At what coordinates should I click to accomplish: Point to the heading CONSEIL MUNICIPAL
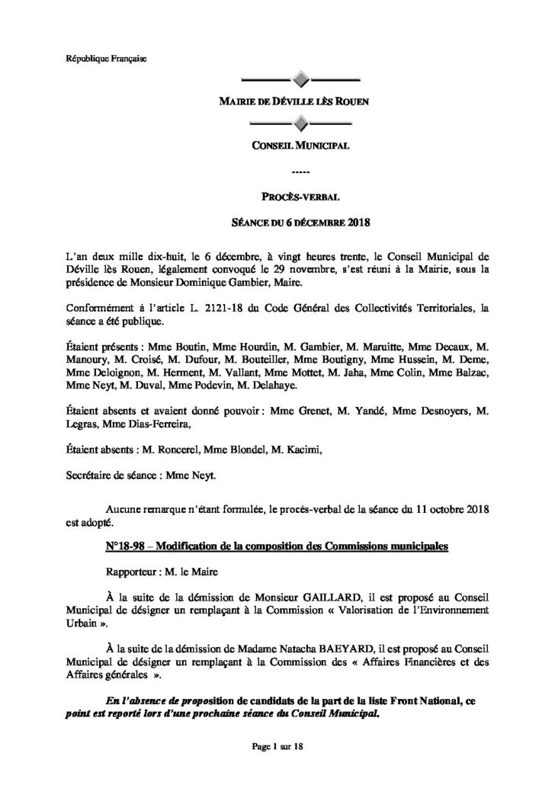click(x=300, y=146)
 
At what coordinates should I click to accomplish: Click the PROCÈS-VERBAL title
click(x=300, y=198)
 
